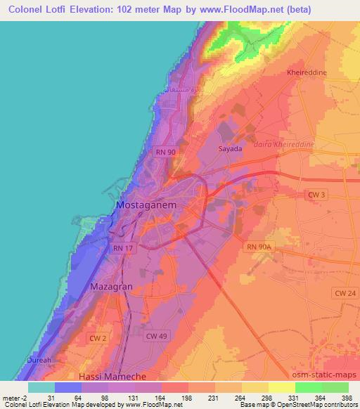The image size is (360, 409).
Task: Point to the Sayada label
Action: pos(231,149)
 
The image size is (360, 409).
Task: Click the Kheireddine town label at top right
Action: pos(307,72)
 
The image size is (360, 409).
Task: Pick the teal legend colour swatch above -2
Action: pos(41,387)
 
